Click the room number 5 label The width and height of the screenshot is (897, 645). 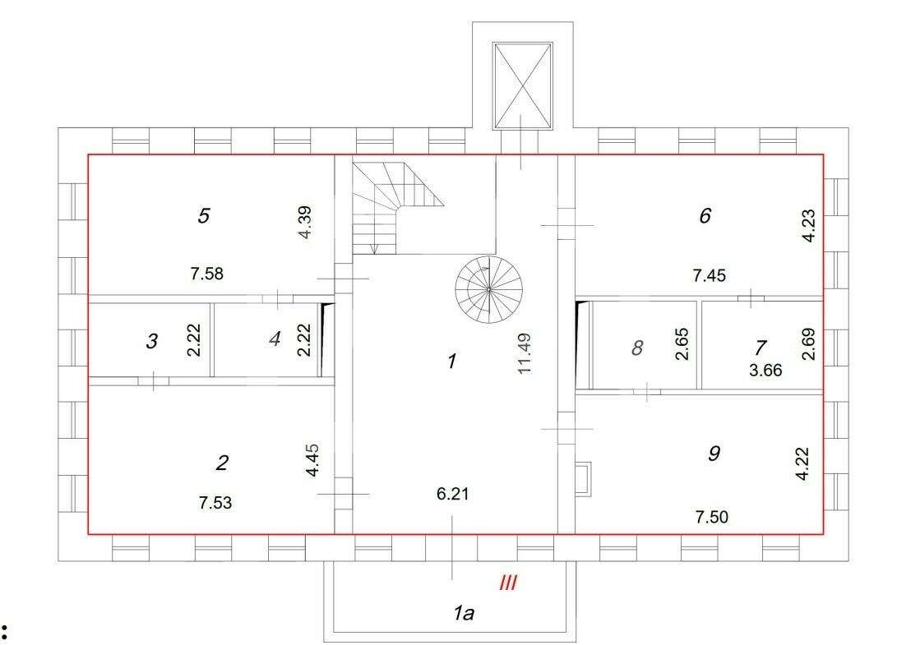click(x=204, y=215)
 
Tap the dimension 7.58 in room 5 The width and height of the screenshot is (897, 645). click(x=207, y=274)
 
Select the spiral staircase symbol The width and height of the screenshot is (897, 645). click(x=489, y=289)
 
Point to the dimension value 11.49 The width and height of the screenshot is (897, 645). click(x=525, y=353)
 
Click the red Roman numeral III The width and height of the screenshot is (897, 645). click(x=508, y=583)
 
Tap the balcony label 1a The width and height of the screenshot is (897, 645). click(x=464, y=614)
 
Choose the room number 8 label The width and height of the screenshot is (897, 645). click(x=636, y=348)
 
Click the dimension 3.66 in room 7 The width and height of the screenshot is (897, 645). click(x=765, y=370)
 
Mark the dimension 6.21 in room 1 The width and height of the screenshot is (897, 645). click(x=452, y=494)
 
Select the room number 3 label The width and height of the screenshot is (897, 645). click(x=151, y=341)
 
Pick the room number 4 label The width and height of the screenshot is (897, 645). click(x=275, y=339)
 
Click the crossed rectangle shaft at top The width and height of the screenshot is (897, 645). click(x=523, y=85)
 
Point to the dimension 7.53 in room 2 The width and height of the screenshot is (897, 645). click(x=215, y=503)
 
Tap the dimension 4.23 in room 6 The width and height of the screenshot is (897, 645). click(x=809, y=227)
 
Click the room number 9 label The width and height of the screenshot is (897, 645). click(x=714, y=453)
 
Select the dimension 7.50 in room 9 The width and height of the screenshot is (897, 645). click(x=712, y=517)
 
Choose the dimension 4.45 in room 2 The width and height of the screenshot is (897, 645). click(x=312, y=460)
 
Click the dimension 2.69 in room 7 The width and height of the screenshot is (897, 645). click(x=808, y=343)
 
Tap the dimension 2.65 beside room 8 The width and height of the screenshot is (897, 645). click(x=682, y=343)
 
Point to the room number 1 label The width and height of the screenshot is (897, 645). click(x=452, y=361)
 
